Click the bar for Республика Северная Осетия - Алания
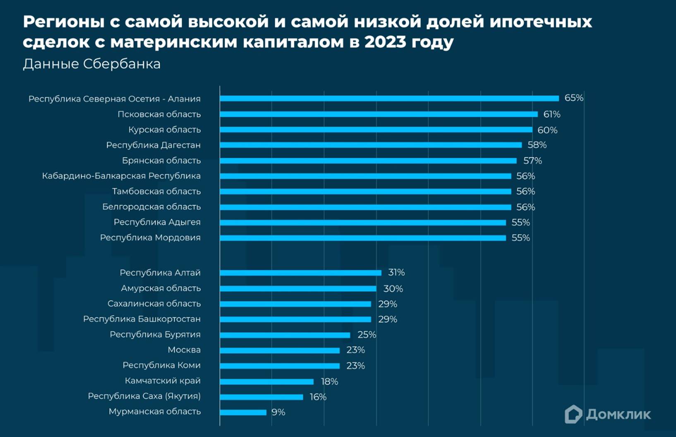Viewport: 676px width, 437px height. coord(389,98)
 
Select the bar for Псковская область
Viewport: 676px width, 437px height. coord(379,114)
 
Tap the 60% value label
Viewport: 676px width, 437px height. coord(547,130)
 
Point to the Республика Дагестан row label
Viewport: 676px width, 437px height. coord(153,145)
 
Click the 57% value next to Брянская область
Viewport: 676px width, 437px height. coord(532,161)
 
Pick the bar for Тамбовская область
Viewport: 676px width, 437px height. coord(365,191)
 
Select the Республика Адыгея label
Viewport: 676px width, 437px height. coord(157,222)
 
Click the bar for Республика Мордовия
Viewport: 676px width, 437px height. coord(363,238)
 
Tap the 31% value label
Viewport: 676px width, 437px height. coord(396,273)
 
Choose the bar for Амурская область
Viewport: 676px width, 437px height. coord(298,288)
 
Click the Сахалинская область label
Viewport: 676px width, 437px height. coord(154,304)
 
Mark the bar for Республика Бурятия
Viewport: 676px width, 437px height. coord(285,335)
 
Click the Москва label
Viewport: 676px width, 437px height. coord(184,350)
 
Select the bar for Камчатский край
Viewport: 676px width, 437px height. coord(267,382)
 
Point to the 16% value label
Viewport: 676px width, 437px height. coord(318,397)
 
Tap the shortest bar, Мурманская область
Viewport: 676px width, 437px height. coord(243,412)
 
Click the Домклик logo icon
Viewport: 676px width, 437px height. coord(573,414)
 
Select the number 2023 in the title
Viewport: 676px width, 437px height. coord(385,42)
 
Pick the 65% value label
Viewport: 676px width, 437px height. coord(574,98)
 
